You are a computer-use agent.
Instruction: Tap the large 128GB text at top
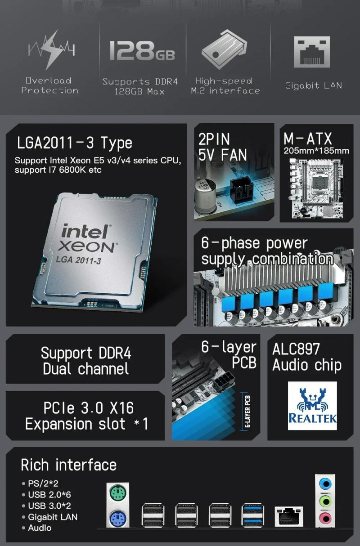click(142, 50)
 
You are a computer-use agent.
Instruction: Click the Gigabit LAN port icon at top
click(312, 52)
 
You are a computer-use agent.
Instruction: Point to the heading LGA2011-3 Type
click(75, 143)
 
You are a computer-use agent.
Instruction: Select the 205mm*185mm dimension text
click(316, 151)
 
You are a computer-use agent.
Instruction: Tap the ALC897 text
click(296, 349)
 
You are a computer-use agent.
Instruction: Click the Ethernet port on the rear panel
click(288, 516)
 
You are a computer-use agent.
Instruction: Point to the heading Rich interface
click(68, 465)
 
